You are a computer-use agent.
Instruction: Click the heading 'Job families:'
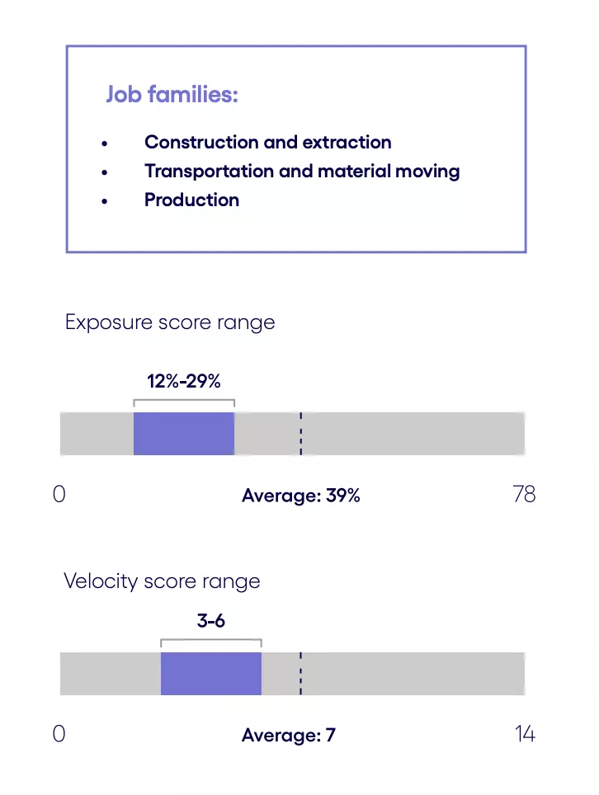[x=172, y=95]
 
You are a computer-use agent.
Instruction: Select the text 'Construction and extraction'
[x=267, y=142]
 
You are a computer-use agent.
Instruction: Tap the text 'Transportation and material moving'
[x=302, y=171]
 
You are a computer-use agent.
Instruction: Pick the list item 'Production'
[x=191, y=200]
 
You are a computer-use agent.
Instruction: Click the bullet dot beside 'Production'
[x=104, y=201]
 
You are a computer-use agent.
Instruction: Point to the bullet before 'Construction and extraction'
[x=104, y=143]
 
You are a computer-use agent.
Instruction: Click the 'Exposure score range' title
[x=170, y=322]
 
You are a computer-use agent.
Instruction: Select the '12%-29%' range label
[x=184, y=381]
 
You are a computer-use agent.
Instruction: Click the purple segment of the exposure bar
[x=184, y=434]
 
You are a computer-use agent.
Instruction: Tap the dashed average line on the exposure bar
[x=301, y=434]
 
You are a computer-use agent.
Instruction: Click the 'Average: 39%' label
[x=301, y=496]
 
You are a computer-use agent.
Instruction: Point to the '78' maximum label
[x=524, y=494]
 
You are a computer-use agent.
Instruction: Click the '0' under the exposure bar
[x=59, y=494]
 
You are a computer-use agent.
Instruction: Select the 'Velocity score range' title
[x=162, y=581]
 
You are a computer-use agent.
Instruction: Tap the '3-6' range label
[x=211, y=621]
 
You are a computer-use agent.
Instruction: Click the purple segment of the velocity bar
[x=211, y=673]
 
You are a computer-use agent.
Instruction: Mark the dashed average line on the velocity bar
[x=301, y=673]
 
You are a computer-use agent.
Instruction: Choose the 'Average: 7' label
[x=289, y=736]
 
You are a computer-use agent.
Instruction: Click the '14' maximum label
[x=525, y=734]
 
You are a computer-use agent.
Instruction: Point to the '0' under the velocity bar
[x=59, y=734]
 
